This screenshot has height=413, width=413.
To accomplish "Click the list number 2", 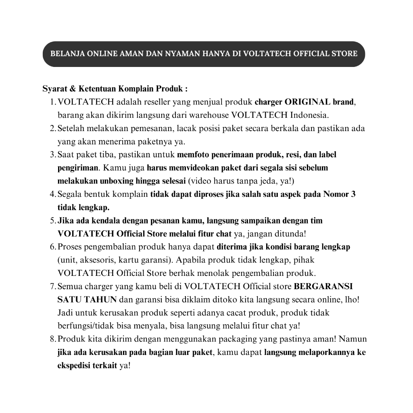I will (x=52, y=128).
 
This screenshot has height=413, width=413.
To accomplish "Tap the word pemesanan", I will (x=148, y=128).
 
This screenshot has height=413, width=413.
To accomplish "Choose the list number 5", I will (x=52, y=221).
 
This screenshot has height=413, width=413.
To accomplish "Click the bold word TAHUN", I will (x=100, y=300).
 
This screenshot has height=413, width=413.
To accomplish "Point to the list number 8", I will (x=52, y=339).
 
